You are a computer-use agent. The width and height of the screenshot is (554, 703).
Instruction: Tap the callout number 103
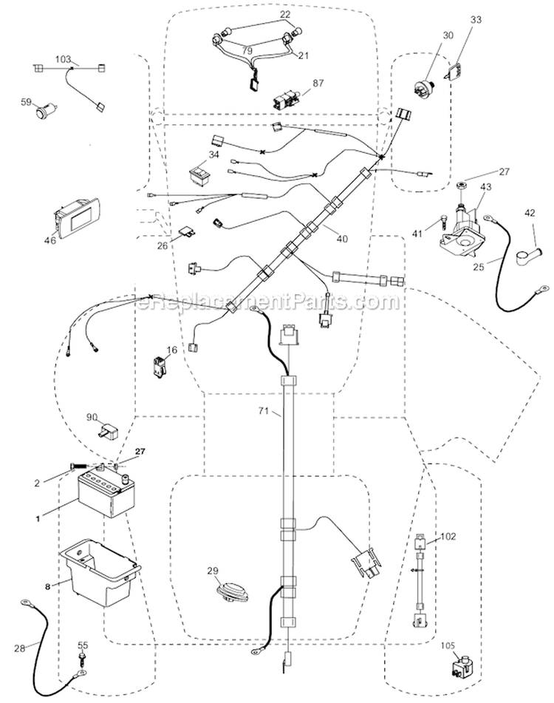point(64,58)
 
